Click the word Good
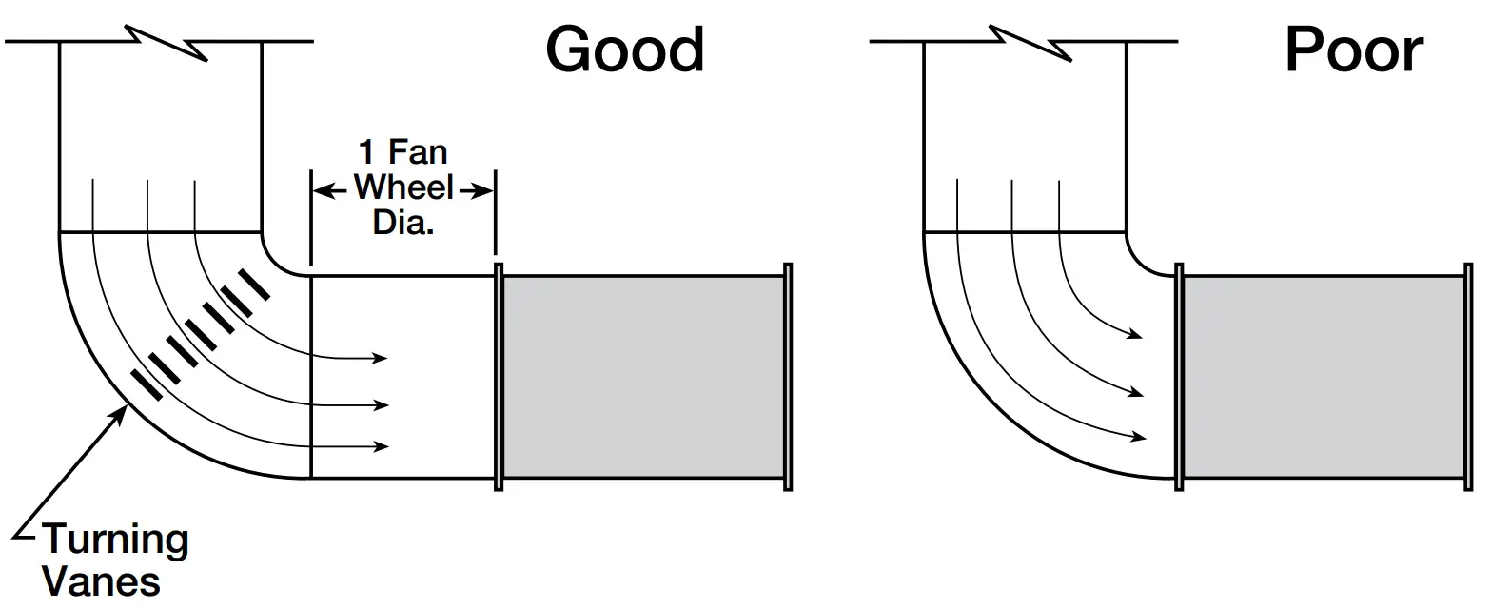point(625,49)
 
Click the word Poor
point(1353,49)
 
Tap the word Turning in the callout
point(116,541)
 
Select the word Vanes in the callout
point(102,580)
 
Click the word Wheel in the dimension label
point(404,187)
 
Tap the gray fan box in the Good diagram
point(643,377)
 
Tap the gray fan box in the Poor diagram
point(1323,377)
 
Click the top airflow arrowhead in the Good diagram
point(382,358)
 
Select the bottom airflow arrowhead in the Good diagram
point(383,446)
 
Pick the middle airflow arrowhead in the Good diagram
point(383,405)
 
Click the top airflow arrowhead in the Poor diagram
point(1136,335)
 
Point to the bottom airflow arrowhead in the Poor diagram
point(1139,438)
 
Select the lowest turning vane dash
point(147,384)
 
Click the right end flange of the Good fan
point(788,377)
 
